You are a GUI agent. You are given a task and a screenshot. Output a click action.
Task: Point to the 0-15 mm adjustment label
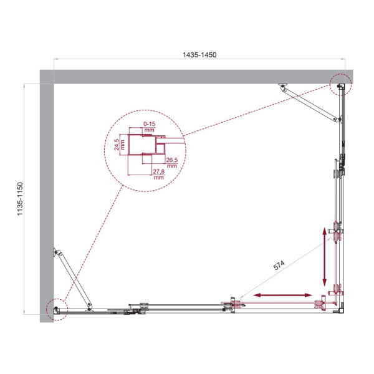coord(148,127)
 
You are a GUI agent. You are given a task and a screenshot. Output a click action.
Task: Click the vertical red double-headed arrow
coord(324,256)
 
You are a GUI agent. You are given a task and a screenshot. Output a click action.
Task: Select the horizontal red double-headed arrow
coord(282,295)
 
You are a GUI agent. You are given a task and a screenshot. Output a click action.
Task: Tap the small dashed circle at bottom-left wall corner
coord(57,308)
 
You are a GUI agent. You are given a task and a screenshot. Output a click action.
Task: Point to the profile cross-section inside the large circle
coord(146,150)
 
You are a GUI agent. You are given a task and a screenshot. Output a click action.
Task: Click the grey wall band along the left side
coord(46,199)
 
